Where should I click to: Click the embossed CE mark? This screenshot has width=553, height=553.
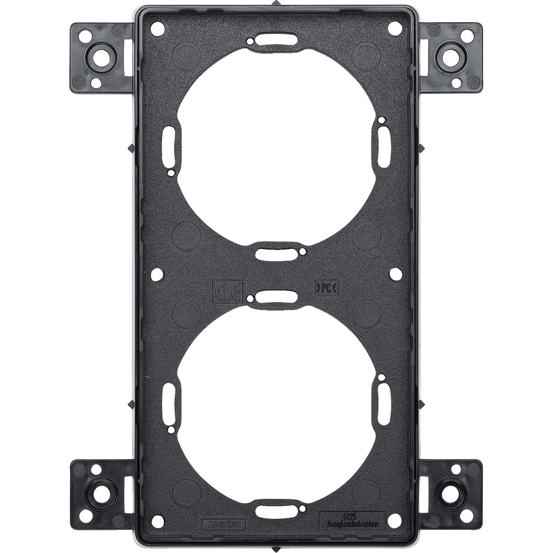[x=227, y=291]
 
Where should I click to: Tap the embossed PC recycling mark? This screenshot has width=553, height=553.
[x=326, y=288]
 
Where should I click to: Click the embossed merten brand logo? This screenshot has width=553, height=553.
[x=223, y=521]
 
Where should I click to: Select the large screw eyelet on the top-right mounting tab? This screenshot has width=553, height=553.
[x=451, y=56]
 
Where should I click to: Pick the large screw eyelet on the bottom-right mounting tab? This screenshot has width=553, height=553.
[x=451, y=494]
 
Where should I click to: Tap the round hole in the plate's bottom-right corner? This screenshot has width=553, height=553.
[x=395, y=520]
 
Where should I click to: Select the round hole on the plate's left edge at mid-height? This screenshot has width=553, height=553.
[x=158, y=274]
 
